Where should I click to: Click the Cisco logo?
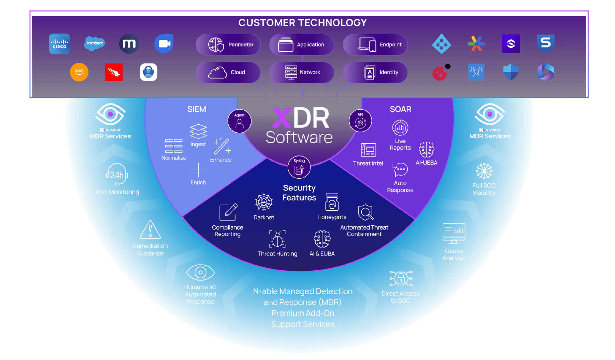point(60,44)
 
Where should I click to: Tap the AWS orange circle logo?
point(79,72)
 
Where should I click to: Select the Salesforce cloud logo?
point(94,43)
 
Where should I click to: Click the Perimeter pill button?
point(228,45)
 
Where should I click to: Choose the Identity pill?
point(375,72)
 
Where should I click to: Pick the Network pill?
point(302,72)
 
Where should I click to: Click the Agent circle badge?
point(239,121)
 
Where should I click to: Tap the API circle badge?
point(360,121)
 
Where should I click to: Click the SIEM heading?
point(197,109)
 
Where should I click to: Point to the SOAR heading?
point(400,109)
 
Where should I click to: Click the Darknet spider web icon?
point(264,202)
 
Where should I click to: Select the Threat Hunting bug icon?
point(277,239)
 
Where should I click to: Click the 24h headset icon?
point(117,174)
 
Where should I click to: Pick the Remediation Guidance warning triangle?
point(150,230)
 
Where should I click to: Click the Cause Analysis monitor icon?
point(454,233)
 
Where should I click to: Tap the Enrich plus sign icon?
point(198,170)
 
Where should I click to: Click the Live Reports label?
point(400,144)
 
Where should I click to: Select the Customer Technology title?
point(302,23)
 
